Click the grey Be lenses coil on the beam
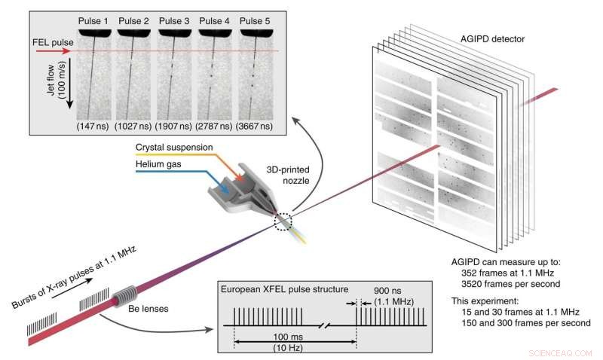(126, 297)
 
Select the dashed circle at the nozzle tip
(283, 221)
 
